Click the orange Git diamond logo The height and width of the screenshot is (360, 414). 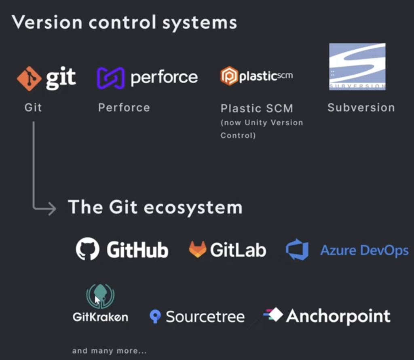[29, 79]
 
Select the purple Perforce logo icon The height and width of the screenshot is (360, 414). [111, 78]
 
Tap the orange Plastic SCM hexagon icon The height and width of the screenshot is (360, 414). [229, 76]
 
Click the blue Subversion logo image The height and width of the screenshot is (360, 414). [357, 67]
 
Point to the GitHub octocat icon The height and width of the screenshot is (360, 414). [88, 248]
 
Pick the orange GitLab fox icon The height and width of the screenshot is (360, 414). [197, 249]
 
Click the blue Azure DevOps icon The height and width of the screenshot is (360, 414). [297, 249]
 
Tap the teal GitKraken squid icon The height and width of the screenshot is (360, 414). [100, 296]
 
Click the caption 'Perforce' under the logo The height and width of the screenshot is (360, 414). [124, 108]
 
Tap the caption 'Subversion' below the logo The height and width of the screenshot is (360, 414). [361, 108]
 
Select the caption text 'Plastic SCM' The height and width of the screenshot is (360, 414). [257, 108]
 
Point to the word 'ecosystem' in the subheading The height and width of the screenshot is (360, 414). [193, 207]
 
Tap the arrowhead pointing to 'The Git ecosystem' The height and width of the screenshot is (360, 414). [52, 208]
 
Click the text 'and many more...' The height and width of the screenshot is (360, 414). [109, 351]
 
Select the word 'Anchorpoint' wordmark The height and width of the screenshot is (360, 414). [338, 316]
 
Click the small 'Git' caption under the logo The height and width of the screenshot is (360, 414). [33, 108]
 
